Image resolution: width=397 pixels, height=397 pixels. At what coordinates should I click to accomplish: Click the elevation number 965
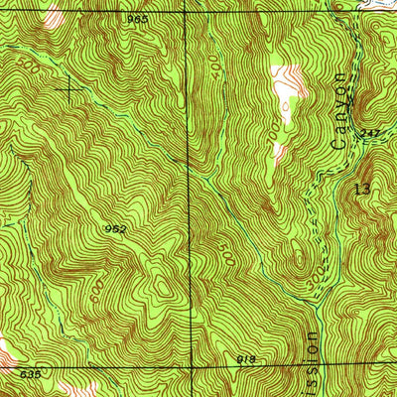pos(137,19)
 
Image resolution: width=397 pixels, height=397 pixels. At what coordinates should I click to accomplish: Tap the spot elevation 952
pos(115,229)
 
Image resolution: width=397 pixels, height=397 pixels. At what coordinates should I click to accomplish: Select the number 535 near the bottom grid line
pos(30,374)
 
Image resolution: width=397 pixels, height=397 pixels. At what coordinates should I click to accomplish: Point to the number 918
pos(246,358)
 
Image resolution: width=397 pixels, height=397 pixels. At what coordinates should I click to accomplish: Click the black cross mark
pos(68,89)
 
